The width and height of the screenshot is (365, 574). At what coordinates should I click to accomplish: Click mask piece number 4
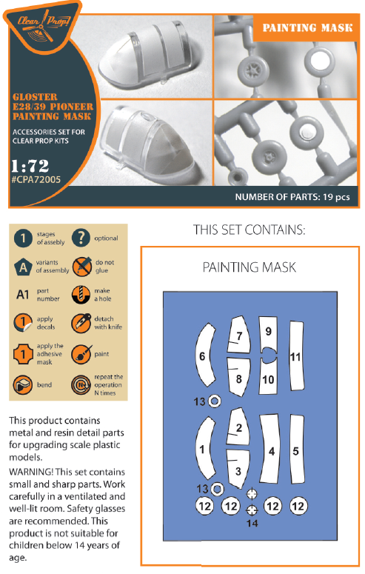272,450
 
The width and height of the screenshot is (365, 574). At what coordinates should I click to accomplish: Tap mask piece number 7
239,336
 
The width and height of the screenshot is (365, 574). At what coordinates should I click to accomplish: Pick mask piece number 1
202,449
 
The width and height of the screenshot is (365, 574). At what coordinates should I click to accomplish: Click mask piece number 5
297,450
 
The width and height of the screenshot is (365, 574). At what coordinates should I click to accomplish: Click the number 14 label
252,524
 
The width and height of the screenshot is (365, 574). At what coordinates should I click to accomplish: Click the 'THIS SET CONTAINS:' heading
249,230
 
